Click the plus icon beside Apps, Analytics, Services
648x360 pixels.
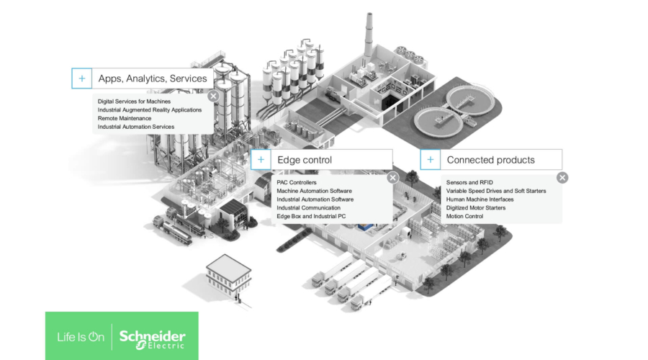pos(82,78)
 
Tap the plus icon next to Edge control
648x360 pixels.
pos(261,160)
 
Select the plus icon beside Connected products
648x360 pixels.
pos(431,160)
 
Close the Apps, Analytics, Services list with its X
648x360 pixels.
pos(213,96)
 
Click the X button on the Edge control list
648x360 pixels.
pos(392,177)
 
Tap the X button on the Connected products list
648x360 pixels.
pos(562,177)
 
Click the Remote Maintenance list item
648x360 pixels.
pos(125,118)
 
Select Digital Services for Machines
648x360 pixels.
pos(134,102)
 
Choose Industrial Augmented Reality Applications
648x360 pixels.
pos(150,110)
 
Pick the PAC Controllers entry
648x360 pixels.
pos(297,182)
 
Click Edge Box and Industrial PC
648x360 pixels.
pos(311,216)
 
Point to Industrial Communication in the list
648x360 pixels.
pos(308,208)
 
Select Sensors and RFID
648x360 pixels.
pos(469,182)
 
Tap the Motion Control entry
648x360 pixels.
pos(464,216)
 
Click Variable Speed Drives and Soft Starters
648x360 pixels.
pos(496,191)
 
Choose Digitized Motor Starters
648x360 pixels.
pos(476,208)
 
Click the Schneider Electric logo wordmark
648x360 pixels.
pos(152,339)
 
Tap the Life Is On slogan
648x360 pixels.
pos(81,337)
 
